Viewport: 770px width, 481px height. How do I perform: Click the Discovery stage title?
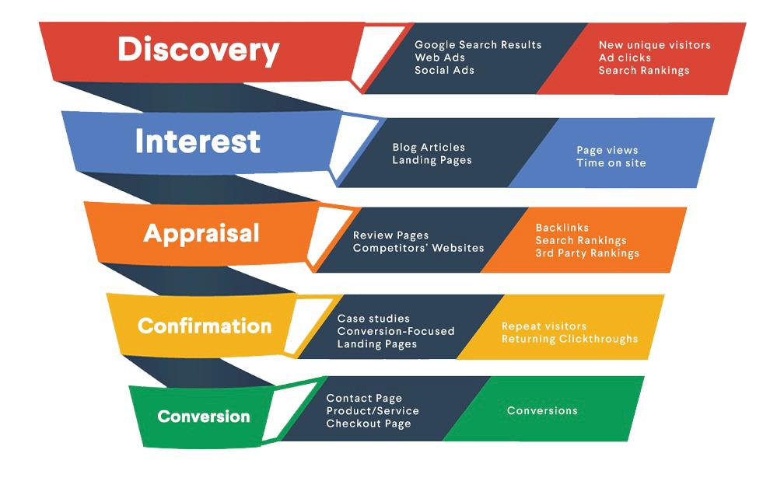(x=198, y=51)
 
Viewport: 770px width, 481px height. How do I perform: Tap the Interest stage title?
(x=198, y=141)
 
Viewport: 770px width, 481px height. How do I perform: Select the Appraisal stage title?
(x=201, y=234)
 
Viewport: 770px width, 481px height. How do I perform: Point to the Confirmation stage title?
(x=205, y=326)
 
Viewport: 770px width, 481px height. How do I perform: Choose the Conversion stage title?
(x=204, y=417)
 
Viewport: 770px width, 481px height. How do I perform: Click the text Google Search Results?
(x=478, y=44)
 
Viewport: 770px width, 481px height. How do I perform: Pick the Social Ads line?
(x=444, y=70)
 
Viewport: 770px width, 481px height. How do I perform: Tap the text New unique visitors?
(x=655, y=45)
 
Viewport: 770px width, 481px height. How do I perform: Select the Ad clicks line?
(x=625, y=58)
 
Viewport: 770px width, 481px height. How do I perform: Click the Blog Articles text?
(x=429, y=147)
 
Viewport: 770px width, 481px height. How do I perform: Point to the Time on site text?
(x=611, y=163)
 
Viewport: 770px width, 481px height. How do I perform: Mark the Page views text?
(x=607, y=150)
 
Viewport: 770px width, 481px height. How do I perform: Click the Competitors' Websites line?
(x=418, y=248)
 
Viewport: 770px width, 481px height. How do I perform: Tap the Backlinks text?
(x=562, y=228)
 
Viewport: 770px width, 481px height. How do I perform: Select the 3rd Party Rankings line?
(x=587, y=253)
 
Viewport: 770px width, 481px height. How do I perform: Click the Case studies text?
(x=373, y=319)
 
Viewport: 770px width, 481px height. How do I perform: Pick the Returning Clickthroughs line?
(x=569, y=339)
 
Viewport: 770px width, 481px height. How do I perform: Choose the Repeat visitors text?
(x=544, y=326)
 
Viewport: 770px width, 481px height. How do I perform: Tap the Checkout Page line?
(x=369, y=423)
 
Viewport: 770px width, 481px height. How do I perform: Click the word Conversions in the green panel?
(x=542, y=411)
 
